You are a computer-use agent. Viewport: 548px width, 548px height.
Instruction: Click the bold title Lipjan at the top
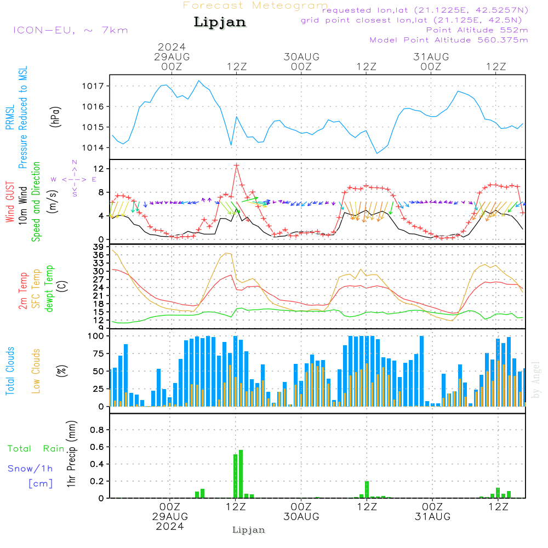coord(220,22)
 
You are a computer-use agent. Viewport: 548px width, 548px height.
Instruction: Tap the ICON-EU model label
coord(44,30)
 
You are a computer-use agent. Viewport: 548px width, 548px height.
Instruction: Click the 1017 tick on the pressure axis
coord(93,86)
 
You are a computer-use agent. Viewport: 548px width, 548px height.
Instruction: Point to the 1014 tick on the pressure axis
coord(93,148)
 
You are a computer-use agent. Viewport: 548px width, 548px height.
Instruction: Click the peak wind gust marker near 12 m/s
coord(237,165)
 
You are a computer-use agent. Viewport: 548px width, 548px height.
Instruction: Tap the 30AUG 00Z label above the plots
coord(301,61)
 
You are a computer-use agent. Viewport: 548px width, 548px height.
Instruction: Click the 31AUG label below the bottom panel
coord(432,517)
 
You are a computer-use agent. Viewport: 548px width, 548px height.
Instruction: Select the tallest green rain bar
coord(241,474)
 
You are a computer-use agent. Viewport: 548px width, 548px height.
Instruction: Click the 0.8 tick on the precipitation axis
coord(97,430)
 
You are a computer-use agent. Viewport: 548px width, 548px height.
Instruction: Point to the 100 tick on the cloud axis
coord(96,336)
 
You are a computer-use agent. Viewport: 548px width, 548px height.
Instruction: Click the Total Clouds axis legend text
coord(10,371)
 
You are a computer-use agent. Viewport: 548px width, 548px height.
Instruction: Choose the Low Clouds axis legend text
coord(36,371)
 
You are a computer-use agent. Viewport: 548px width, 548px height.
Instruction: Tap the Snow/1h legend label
coord(30,469)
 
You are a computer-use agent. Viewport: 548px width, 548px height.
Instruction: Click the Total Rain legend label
coord(36,448)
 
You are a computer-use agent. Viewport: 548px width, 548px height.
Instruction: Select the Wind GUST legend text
coord(10,202)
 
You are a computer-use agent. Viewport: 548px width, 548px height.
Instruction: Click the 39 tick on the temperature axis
coord(98,247)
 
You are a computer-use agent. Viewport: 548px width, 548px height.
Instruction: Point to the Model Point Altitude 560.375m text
coord(449,40)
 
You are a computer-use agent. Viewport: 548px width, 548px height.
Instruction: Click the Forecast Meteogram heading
coord(255,5)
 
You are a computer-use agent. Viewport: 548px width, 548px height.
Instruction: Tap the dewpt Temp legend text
coord(49,288)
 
